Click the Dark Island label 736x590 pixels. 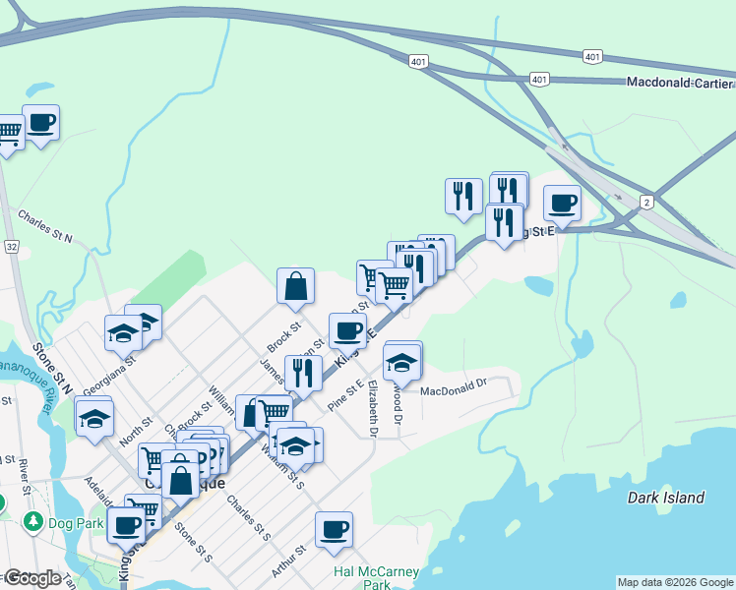[x=666, y=498]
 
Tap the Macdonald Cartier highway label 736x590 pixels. [x=680, y=82]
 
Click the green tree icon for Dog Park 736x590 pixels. [x=33, y=520]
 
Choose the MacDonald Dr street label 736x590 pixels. [x=454, y=390]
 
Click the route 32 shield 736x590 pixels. [x=11, y=246]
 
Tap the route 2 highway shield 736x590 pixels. [x=646, y=202]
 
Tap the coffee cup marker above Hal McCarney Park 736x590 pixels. [x=334, y=529]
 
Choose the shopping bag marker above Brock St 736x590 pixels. [x=295, y=287]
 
